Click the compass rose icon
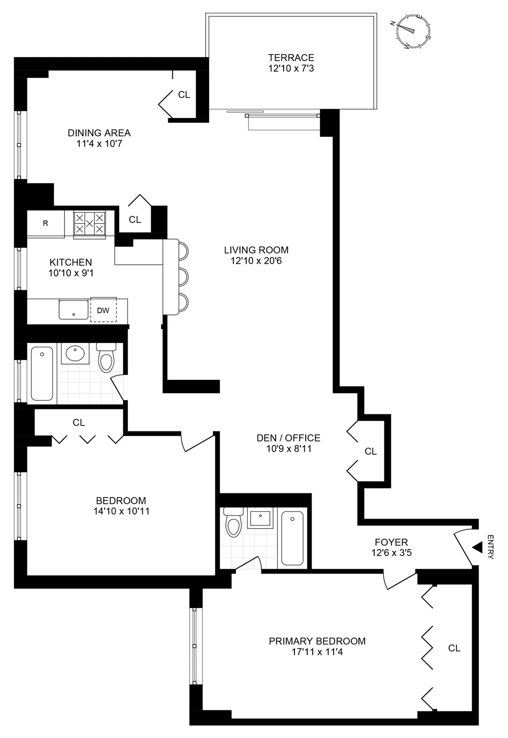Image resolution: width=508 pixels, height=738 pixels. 413,31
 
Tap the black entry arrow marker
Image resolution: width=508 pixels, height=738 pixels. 476,547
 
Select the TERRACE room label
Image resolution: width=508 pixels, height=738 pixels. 291,58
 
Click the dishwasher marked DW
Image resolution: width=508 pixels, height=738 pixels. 103,310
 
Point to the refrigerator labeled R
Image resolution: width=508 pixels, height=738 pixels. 46,223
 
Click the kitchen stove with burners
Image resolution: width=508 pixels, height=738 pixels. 90,224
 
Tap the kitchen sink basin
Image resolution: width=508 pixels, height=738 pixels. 74,309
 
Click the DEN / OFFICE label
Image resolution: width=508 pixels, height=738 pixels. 288,438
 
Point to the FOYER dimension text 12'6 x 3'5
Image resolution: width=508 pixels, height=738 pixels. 391,553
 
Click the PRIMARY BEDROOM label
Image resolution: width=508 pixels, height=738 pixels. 317,641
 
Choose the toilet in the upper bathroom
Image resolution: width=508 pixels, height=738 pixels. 106,358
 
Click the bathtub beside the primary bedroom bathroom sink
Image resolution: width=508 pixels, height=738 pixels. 292,538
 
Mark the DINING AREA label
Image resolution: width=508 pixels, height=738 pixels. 99,133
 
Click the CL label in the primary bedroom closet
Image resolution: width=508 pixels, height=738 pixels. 454,648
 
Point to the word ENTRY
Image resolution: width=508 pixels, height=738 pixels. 490,547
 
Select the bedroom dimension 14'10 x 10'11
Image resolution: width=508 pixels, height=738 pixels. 121,511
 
